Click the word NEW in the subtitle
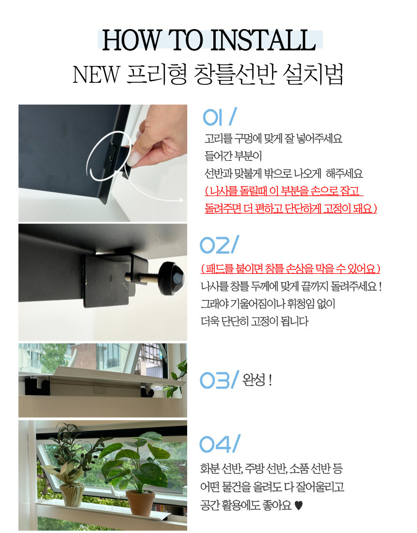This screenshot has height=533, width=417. click(x=96, y=75)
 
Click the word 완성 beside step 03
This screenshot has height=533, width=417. click(x=254, y=380)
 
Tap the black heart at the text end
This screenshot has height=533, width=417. click(x=298, y=506)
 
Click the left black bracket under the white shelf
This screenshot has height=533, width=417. click(x=37, y=386)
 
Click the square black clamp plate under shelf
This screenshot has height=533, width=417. click(x=110, y=282)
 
